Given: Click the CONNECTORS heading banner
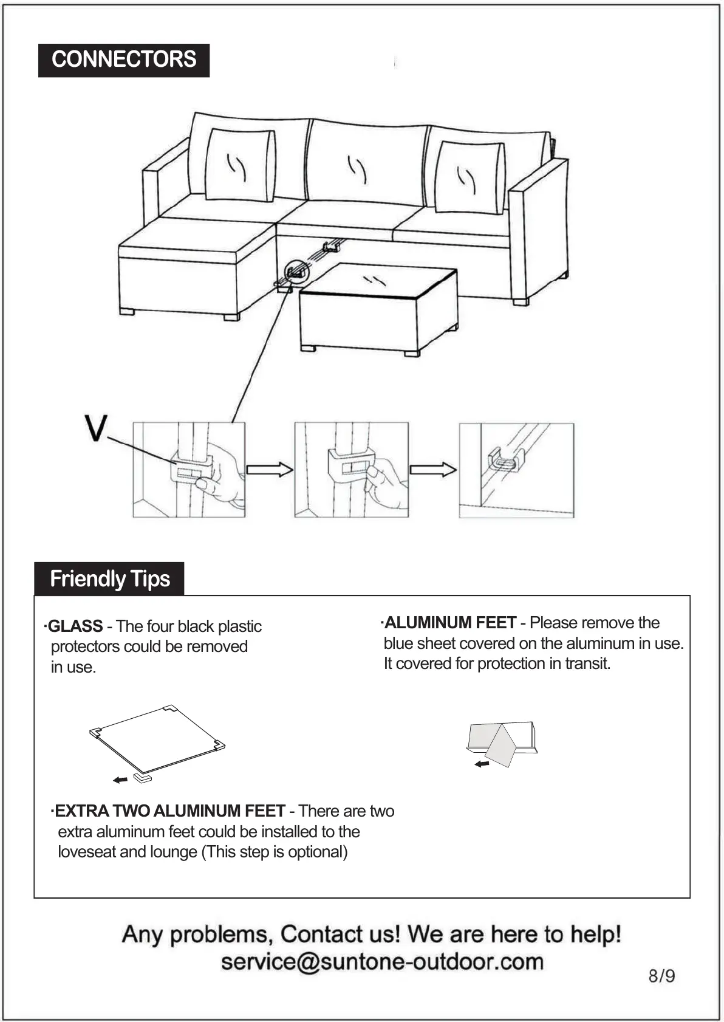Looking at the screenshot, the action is pos(124,60).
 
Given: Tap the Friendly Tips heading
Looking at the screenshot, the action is pos(109,578).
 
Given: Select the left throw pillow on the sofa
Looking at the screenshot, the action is pos(240,165).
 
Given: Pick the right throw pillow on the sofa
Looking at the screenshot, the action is pos(470,177).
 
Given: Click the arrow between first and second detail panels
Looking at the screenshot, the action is pos(269,469).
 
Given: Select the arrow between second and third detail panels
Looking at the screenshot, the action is pos(433,469).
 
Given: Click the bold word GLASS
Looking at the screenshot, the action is pos(75,626).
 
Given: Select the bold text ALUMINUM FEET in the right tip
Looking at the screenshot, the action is pos(450,622).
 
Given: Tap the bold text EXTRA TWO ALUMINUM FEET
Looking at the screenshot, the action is pos(170,811).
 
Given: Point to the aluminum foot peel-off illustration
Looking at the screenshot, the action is pos(502,742).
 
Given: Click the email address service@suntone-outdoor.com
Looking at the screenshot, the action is pos(382,962).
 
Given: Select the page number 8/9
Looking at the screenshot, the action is pos(661,976).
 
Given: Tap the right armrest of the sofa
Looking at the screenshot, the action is pos(539,231).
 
